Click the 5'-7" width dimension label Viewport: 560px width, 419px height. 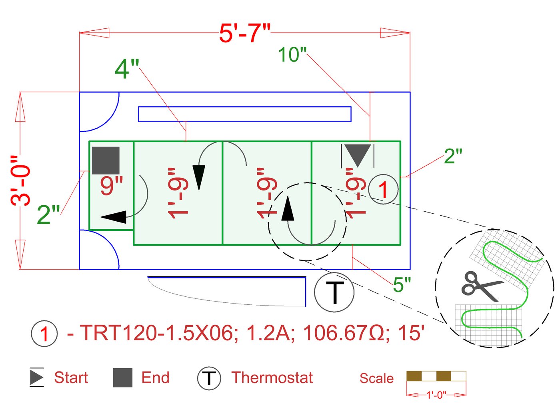245,33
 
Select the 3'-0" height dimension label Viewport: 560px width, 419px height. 21,181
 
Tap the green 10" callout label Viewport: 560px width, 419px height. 292,55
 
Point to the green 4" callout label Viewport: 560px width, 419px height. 127,69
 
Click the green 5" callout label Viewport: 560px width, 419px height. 402,285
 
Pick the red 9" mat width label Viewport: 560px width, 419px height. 112,185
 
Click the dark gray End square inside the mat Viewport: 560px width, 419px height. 106,161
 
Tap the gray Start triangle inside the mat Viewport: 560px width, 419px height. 358,155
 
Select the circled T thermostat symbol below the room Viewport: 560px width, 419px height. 334,292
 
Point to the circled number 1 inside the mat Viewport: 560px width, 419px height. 383,189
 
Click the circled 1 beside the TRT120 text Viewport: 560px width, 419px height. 44,334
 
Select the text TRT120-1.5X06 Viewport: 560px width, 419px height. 156,333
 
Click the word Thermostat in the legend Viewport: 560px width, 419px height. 272,377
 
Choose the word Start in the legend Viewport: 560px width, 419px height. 71,377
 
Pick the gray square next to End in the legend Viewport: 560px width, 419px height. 123,378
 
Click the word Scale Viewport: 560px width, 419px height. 376,378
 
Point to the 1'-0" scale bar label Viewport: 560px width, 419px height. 436,395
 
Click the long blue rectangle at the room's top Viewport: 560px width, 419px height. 244,114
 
